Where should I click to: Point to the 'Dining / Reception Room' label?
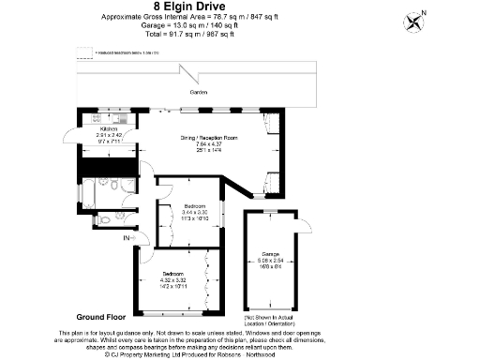pyautogui.click(x=209, y=138)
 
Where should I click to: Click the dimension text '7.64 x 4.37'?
pyautogui.click(x=209, y=144)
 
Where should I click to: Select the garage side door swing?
pyautogui.click(x=303, y=226)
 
